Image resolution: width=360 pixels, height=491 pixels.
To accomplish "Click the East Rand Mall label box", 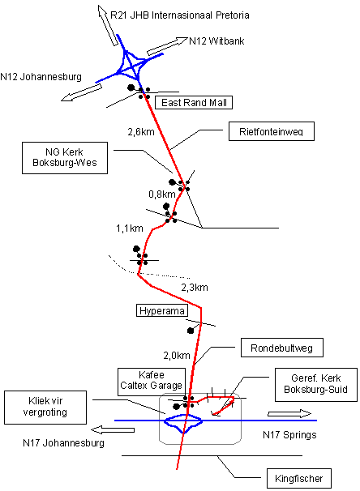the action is coord(194,102).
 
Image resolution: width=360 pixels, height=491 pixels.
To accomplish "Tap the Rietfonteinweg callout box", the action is coord(272,131).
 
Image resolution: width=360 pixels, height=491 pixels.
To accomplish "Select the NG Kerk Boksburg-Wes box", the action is coord(65,158).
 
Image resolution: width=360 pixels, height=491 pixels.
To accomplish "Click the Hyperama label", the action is coord(162,310).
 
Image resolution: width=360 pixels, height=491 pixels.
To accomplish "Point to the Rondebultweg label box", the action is coord(282,348).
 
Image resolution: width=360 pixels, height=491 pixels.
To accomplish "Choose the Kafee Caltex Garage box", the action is coord(152,380).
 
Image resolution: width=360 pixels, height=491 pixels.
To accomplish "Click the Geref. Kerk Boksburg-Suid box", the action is coord(316,385).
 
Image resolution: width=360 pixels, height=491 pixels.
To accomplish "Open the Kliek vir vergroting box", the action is coord(45,407).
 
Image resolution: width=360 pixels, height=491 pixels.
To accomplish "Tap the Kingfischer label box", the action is coord(299,478).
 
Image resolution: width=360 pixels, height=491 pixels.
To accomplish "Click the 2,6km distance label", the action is coord(141,132).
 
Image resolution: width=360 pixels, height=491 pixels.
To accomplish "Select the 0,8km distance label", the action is coord(162,194).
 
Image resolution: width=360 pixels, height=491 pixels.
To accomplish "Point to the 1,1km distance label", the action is coord(130,228).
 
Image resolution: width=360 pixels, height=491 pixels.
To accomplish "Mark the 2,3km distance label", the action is coord(195,288).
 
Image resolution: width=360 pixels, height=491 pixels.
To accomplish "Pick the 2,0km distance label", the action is coord(177,356).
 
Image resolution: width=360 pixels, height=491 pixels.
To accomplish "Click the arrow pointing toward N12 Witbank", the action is coord(167,46).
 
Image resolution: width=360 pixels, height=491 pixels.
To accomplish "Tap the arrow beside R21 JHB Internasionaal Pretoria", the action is coord(108,25).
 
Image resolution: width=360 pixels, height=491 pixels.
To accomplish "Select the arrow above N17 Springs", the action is coord(289,414).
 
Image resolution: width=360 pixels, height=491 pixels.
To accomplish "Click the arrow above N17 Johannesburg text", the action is coord(113,430).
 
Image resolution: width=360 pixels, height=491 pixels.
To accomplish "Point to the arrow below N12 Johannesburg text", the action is coord(81,92).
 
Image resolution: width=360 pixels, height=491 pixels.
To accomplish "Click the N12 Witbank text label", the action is coord(216,41).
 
